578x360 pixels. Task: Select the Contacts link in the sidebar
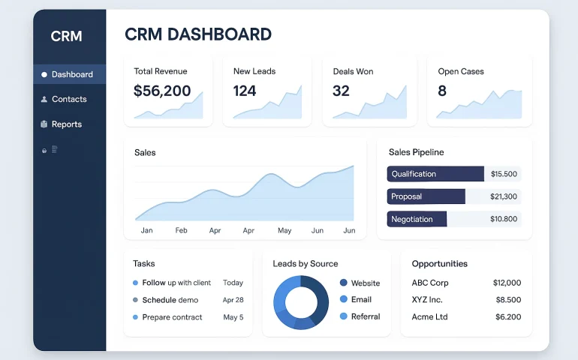[x=68, y=99]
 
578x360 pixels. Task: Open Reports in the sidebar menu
[x=66, y=124]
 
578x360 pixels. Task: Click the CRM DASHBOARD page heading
[x=198, y=34]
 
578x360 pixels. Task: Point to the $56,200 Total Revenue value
[x=162, y=91]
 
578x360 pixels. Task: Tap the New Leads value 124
[x=245, y=91]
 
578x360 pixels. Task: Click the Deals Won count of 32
[x=341, y=91]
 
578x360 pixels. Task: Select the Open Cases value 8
[x=442, y=91]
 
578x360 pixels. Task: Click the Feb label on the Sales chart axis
[x=182, y=230]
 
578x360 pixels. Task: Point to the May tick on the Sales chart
[x=284, y=230]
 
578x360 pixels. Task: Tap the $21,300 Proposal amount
[x=503, y=196]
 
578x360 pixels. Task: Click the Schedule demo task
[x=170, y=300]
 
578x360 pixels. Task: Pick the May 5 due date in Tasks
[x=233, y=317]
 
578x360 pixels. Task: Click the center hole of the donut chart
[x=301, y=302]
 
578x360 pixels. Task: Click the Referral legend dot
[x=344, y=316]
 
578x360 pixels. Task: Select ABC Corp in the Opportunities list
[x=430, y=283]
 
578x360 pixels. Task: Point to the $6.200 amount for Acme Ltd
[x=507, y=316]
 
